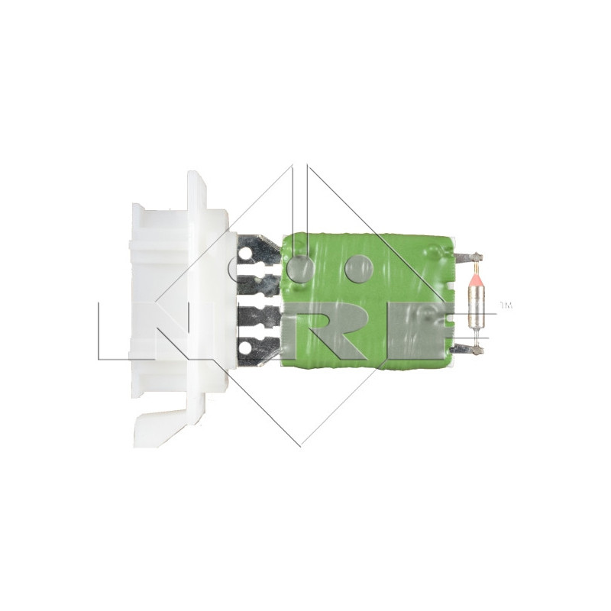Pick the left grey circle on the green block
[x=299, y=267]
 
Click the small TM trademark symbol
[x=506, y=307]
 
